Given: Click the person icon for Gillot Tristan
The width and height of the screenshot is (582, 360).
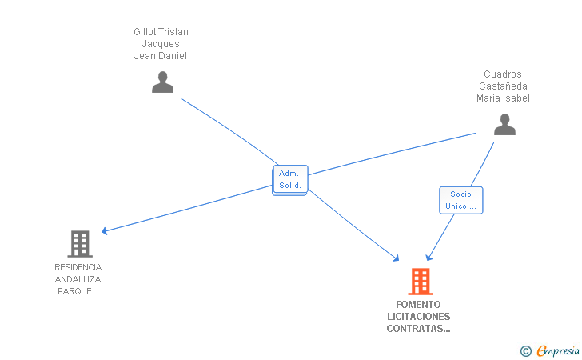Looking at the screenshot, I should point(162,82).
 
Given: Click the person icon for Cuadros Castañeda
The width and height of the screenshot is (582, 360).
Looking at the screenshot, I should point(504,125).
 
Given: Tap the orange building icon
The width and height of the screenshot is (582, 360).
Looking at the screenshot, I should point(420,282).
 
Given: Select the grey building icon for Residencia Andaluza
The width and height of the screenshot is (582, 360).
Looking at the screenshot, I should point(79,243).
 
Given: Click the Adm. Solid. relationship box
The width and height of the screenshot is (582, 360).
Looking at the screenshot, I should point(289,179).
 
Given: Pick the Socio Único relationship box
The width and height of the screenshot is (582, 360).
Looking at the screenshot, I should point(460,200).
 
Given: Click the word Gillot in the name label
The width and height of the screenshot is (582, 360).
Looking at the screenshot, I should point(145,32).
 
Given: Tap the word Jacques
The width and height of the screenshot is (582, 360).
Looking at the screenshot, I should point(161,44).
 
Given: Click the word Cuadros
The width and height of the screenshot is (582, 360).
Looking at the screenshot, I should point(503,74).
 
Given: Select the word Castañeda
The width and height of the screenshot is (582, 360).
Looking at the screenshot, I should point(503,86).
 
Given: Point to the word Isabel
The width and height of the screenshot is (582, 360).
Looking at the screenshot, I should point(516,98).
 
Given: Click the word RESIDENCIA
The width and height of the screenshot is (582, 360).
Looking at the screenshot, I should point(78,267).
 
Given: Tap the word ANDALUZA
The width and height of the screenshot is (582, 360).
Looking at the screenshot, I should point(78,279).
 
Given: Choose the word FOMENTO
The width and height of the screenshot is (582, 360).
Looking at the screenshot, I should point(418,305).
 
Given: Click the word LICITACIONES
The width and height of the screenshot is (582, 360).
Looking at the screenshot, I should point(418,317).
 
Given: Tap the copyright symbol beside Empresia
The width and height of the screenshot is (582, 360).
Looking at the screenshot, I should point(525,350).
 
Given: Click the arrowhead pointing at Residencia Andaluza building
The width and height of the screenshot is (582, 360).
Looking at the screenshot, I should point(105,231).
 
